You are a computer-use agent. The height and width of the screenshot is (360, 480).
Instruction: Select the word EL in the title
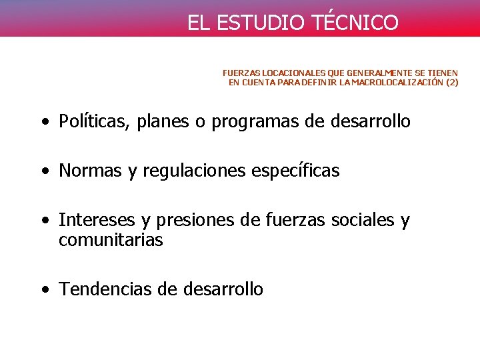click(197, 23)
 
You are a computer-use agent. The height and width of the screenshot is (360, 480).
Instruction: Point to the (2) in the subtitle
click(452, 83)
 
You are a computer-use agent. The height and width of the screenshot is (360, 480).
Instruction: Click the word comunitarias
click(111, 241)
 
